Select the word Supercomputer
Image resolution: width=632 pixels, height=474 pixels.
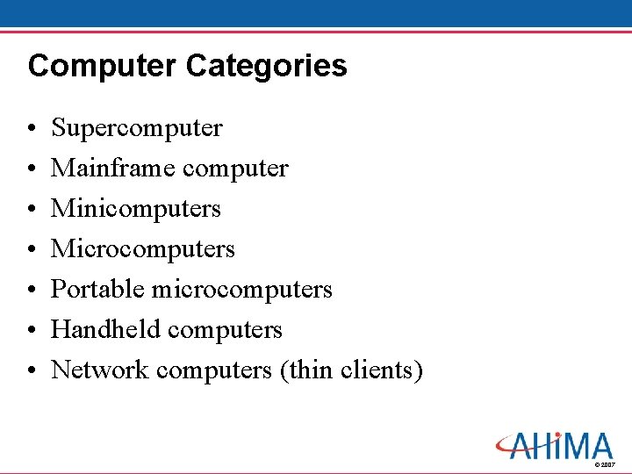point(137,128)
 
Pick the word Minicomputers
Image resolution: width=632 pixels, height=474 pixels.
point(136,208)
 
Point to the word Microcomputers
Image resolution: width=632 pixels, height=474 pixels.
point(143,248)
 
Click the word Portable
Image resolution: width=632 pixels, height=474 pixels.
point(98,289)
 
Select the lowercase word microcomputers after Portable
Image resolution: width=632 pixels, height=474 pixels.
point(242,289)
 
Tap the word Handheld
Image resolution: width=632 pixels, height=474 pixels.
point(106,329)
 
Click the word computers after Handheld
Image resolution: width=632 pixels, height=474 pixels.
point(225,330)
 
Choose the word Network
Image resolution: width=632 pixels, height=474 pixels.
point(100,370)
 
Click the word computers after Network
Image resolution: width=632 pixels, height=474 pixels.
point(214,370)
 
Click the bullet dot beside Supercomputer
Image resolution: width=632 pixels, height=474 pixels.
point(32,129)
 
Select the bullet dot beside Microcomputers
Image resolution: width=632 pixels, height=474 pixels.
point(32,250)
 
